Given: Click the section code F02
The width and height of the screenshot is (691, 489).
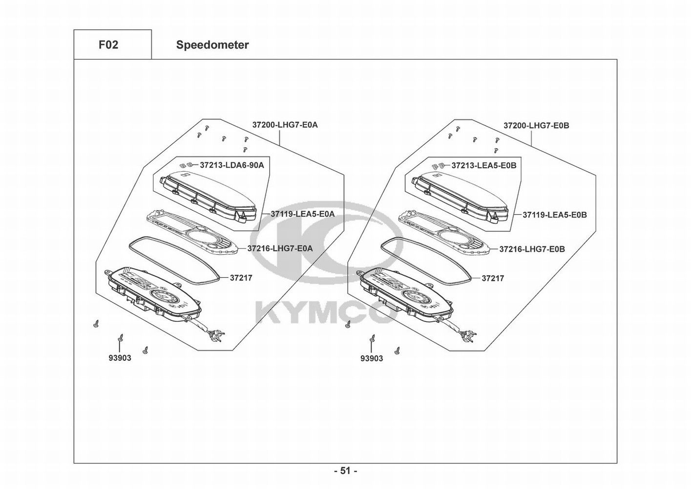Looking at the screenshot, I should [108, 45].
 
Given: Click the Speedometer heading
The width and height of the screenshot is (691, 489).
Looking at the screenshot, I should [212, 45].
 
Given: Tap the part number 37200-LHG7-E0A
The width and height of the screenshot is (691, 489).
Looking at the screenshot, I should [285, 125].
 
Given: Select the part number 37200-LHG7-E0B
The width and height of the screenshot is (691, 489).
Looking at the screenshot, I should [536, 126].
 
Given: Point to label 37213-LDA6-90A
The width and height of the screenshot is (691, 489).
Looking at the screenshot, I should [231, 165].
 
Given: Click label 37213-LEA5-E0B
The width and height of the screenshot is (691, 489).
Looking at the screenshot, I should [483, 166].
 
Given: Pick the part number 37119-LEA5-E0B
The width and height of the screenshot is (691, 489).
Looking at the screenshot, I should [554, 215].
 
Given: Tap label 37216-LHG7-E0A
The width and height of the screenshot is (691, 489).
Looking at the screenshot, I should [280, 248].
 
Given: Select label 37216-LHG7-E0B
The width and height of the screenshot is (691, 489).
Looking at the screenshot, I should [532, 249].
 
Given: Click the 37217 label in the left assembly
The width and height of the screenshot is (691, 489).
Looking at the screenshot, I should [241, 278].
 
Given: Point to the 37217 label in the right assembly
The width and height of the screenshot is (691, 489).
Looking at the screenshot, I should [493, 278].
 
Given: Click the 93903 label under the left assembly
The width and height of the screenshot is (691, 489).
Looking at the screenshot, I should [120, 358].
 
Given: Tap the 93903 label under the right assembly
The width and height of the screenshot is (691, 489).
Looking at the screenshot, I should [372, 358].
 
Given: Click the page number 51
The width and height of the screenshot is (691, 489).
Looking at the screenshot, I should [345, 471].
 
